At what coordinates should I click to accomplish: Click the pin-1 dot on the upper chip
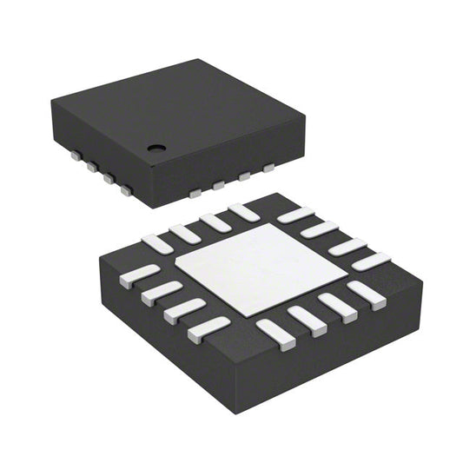click(x=155, y=148)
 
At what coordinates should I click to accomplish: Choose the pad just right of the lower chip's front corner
click(x=274, y=331)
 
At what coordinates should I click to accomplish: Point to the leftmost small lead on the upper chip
click(x=76, y=156)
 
